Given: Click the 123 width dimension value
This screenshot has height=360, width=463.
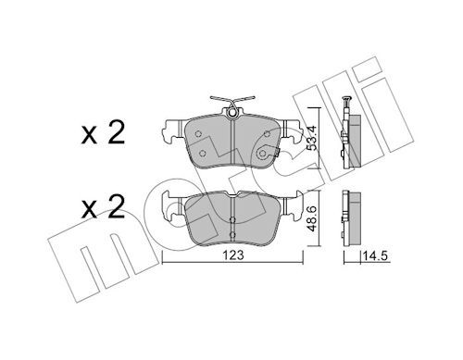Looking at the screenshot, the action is click(x=233, y=255).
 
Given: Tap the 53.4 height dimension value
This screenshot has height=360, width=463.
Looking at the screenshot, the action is click(x=313, y=136).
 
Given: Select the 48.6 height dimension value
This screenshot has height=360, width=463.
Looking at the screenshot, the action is click(x=313, y=218).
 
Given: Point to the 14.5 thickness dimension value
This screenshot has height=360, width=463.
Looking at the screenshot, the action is click(x=375, y=256).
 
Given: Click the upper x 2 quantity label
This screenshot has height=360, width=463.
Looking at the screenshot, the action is click(x=103, y=132).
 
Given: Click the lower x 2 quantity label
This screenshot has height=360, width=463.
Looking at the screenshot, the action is click(x=103, y=207).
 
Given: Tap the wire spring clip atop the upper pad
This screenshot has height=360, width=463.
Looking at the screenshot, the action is click(x=232, y=101).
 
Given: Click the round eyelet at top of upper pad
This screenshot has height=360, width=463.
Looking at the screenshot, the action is click(x=232, y=113).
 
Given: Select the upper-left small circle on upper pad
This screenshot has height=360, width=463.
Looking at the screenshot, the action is click(x=198, y=133).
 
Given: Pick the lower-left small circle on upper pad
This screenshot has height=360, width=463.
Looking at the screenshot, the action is click(x=203, y=153).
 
